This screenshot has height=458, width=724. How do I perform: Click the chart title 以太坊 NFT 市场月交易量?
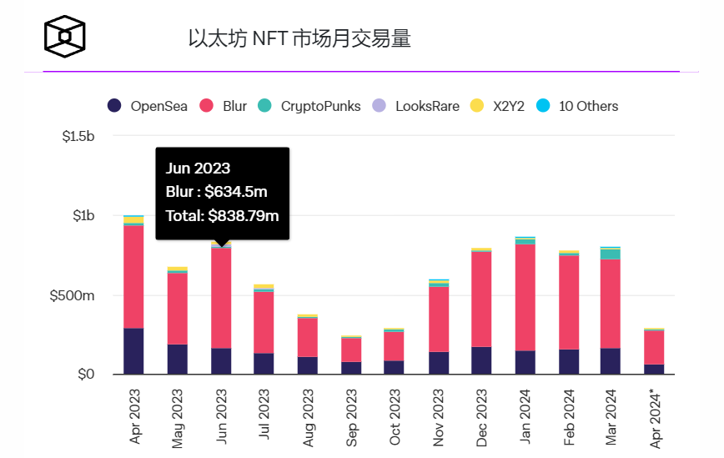(299, 38)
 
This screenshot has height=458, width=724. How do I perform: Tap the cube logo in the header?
(65, 37)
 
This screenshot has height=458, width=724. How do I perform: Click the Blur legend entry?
(225, 106)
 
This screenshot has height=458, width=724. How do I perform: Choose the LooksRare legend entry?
(416, 106)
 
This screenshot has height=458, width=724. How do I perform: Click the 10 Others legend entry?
(579, 106)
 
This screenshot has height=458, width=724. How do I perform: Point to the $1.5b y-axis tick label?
(78, 136)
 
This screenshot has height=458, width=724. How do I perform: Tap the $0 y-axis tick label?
(86, 375)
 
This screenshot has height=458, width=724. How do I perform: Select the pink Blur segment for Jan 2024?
(525, 296)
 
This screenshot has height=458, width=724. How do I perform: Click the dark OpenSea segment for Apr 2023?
(133, 351)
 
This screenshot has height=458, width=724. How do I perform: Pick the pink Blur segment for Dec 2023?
(481, 298)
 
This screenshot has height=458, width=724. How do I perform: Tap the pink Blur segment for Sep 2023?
(351, 349)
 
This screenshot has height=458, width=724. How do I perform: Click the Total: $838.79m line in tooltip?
(222, 215)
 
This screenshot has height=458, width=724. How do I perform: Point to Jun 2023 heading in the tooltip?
(198, 169)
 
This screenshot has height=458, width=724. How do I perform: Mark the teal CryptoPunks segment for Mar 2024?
(611, 254)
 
